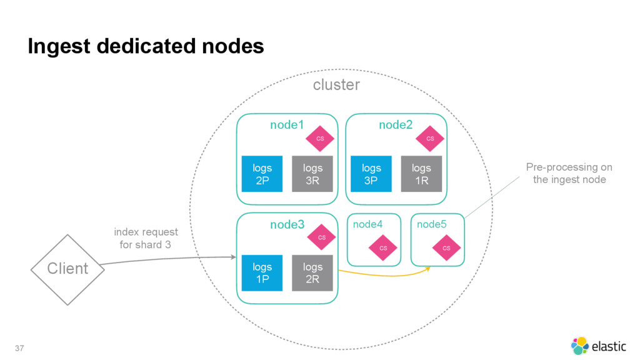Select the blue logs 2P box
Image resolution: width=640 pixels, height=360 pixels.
click(x=262, y=174)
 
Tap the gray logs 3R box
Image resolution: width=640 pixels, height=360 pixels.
click(x=312, y=174)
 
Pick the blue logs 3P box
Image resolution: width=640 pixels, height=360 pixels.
click(x=371, y=174)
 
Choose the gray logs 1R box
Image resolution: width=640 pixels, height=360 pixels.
click(x=421, y=174)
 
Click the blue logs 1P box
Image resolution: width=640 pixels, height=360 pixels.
click(x=262, y=273)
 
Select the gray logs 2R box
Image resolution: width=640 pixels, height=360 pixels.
click(x=312, y=273)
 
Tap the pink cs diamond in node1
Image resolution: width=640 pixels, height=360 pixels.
click(x=320, y=139)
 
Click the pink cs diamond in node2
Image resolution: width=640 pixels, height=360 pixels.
click(x=430, y=139)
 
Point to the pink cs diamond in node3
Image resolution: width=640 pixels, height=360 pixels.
click(x=322, y=237)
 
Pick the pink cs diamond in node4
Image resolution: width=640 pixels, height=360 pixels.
click(x=383, y=247)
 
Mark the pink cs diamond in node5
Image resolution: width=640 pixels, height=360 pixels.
click(x=446, y=247)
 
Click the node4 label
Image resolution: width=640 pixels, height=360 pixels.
click(x=367, y=224)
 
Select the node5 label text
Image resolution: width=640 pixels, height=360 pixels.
click(x=431, y=224)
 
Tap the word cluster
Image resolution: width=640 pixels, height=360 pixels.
click(x=336, y=85)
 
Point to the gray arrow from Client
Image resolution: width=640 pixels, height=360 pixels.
click(x=168, y=259)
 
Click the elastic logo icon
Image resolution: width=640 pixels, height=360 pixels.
click(x=579, y=346)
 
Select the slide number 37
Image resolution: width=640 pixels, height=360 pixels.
click(x=19, y=348)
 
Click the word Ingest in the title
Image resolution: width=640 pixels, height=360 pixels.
click(x=59, y=46)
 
